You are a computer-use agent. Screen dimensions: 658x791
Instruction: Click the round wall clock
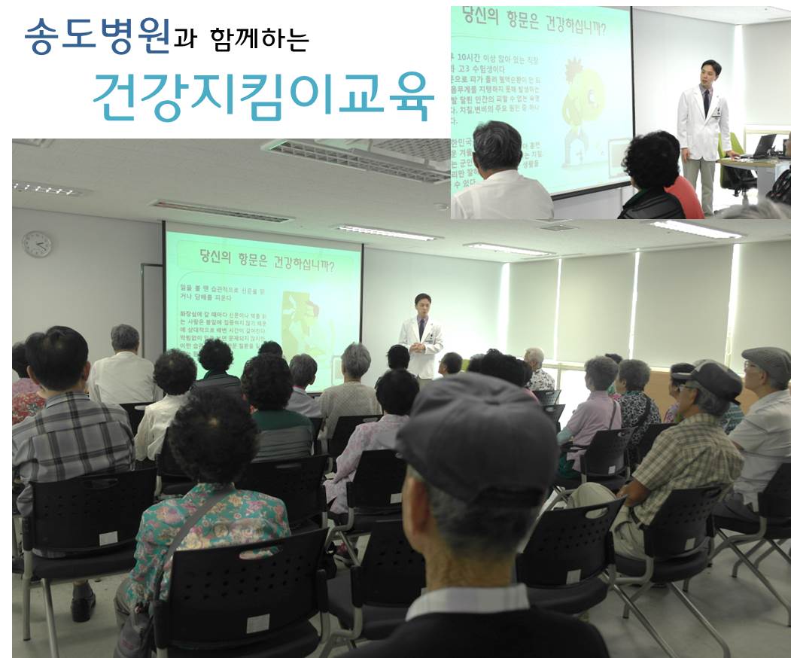[x=37, y=244]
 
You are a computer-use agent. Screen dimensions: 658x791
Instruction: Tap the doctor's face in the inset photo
[x=710, y=75]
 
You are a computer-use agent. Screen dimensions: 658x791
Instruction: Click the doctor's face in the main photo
[x=422, y=306]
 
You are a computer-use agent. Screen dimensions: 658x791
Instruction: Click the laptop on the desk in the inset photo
[x=762, y=145]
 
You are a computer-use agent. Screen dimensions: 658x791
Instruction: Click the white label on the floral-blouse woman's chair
[x=258, y=623]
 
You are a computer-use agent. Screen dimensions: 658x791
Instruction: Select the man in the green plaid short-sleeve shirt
[x=677, y=459]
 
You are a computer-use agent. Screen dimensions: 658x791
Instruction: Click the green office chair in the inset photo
[x=734, y=162]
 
